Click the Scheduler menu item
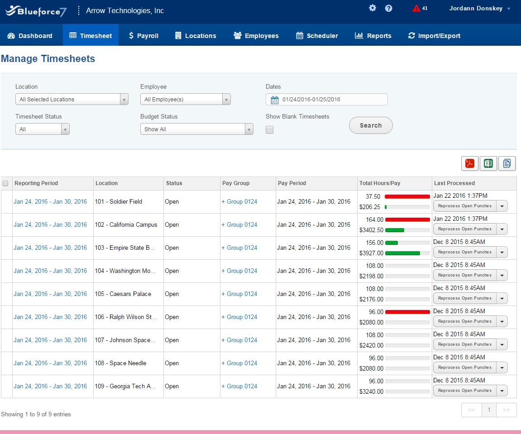[x=317, y=36]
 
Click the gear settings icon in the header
[x=373, y=8]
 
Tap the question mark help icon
[x=388, y=8]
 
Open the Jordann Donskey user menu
[x=479, y=8]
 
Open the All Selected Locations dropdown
[x=72, y=99]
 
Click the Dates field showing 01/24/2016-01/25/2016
[x=326, y=99]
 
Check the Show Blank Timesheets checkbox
[x=269, y=130]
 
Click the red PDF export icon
[x=470, y=163]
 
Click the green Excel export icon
[x=488, y=163]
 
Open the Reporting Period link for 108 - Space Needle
[x=50, y=363]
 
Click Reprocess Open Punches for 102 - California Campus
[x=465, y=229]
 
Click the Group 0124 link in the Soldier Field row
[x=239, y=201]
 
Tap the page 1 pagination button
[x=489, y=410]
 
